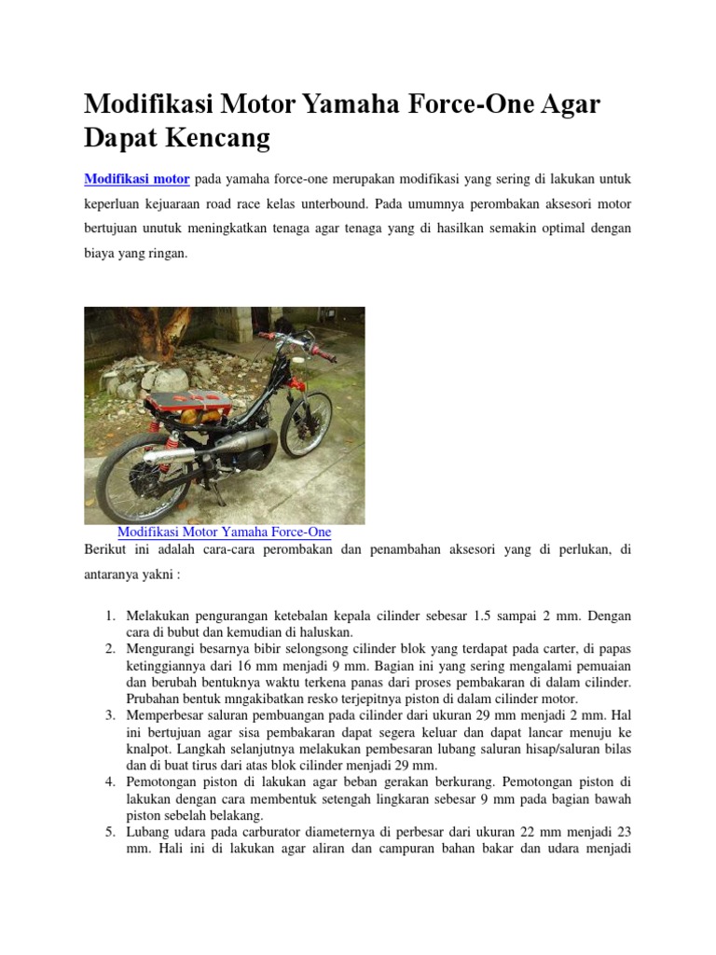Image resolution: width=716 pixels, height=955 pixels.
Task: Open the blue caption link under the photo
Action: pyautogui.click(x=224, y=532)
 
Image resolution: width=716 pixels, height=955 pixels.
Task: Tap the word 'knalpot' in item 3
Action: pyautogui.click(x=146, y=748)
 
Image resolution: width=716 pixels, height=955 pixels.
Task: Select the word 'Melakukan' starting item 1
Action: pyautogui.click(x=158, y=616)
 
